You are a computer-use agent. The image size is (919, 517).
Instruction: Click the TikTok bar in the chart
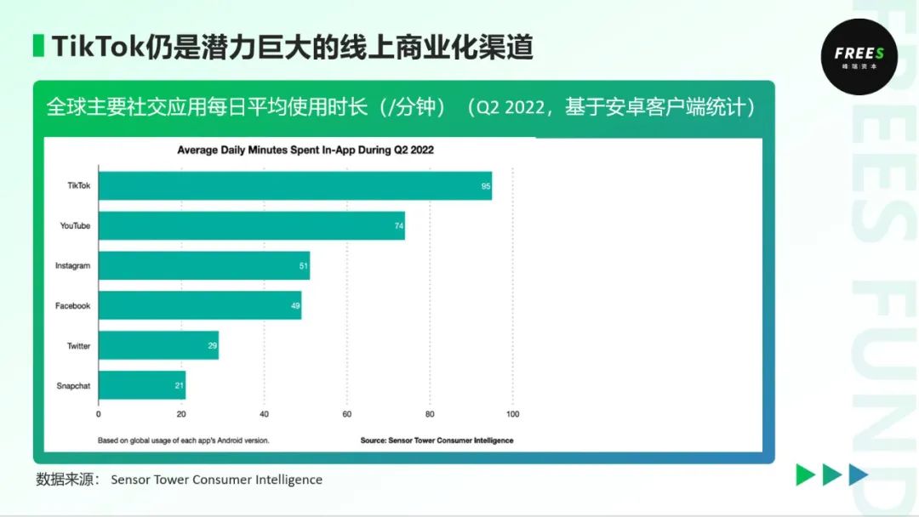pyautogui.click(x=294, y=185)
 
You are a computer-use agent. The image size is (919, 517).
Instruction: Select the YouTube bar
pyautogui.click(x=251, y=225)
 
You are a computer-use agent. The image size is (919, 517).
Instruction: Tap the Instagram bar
pyautogui.click(x=204, y=265)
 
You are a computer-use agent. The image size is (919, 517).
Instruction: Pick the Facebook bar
pyautogui.click(x=200, y=305)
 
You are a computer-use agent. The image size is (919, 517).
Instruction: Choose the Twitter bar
pyautogui.click(x=158, y=345)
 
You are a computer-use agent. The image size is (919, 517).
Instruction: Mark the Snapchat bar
pyautogui.click(x=142, y=385)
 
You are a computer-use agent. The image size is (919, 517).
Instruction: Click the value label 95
pyautogui.click(x=486, y=186)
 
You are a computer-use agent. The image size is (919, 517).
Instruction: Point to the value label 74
pyautogui.click(x=399, y=226)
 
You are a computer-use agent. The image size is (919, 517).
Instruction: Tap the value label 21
pyautogui.click(x=180, y=386)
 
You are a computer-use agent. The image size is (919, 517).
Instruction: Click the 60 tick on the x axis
pyautogui.click(x=347, y=414)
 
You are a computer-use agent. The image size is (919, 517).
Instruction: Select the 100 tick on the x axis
pyautogui.click(x=512, y=414)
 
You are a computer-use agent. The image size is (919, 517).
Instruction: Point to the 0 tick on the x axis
pyautogui.click(x=99, y=414)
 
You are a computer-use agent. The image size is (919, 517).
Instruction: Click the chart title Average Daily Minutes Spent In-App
pyautogui.click(x=305, y=151)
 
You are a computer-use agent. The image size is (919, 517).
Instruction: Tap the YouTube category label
pyautogui.click(x=75, y=225)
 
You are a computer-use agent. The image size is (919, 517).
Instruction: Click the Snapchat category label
pyautogui.click(x=73, y=385)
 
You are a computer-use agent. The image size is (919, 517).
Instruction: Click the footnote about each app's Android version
pyautogui.click(x=183, y=440)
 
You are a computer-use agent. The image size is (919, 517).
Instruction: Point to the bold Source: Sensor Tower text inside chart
pyautogui.click(x=437, y=440)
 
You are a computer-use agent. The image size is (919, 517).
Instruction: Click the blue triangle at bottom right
pyautogui.click(x=858, y=475)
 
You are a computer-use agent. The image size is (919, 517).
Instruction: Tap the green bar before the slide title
pyautogui.click(x=38, y=46)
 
